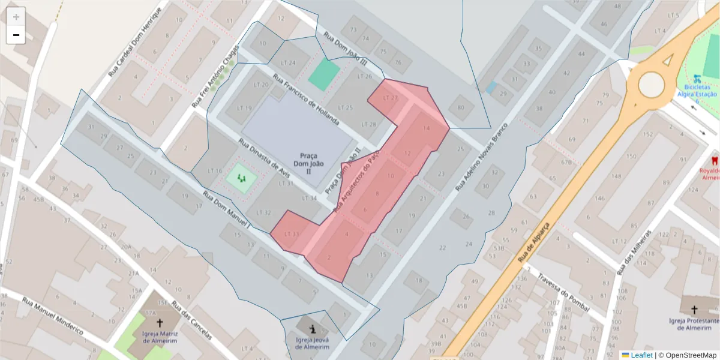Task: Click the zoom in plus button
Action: (16, 17)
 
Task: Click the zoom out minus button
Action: (16, 35)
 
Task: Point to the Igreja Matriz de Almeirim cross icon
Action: (159, 322)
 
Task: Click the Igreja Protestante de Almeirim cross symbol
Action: (694, 310)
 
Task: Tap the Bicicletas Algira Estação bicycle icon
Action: (697, 78)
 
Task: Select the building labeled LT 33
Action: (291, 233)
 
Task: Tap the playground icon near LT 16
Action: (242, 178)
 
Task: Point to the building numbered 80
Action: (461, 107)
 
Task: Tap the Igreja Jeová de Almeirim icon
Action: (312, 329)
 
